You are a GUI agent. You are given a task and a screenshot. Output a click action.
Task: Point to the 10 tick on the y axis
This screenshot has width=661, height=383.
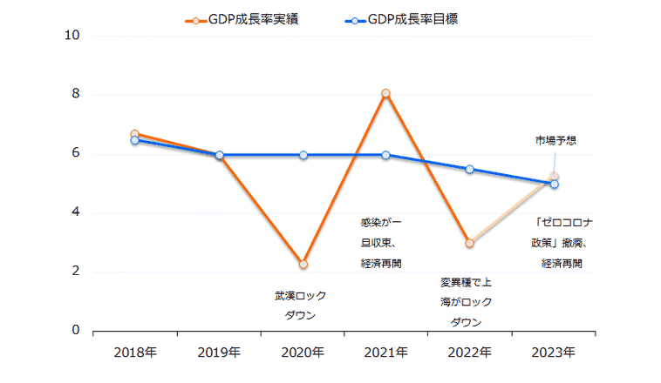pos(72,36)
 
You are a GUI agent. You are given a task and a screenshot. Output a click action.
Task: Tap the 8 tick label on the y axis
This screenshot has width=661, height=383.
pos(75,95)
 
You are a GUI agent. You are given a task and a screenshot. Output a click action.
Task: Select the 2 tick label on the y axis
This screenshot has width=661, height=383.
pos(75,272)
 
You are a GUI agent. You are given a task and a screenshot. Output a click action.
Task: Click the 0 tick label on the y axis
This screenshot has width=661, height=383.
pos(75,331)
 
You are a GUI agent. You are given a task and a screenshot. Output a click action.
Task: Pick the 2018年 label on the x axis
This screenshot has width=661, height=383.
pos(135,353)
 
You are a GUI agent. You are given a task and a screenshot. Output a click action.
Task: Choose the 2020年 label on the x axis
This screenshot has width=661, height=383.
pos(303,353)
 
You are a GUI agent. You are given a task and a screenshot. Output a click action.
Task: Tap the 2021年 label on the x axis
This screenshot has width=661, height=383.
pos(385,353)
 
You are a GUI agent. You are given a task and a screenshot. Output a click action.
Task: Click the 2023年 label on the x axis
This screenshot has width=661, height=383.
pos(554,353)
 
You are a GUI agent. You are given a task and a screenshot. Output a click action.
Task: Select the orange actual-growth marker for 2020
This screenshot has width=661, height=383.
pos(303,264)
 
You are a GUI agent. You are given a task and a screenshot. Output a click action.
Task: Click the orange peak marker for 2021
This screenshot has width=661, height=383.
pos(385,93)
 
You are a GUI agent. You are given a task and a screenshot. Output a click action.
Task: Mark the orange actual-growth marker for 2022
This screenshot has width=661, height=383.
pos(470,243)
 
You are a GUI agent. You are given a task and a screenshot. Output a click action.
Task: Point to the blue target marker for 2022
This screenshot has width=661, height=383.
pos(470,169)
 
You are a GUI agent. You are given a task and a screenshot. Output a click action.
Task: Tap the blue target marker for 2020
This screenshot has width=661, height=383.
pos(303,155)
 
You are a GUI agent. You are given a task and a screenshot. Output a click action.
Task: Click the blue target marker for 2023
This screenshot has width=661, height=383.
pos(554,184)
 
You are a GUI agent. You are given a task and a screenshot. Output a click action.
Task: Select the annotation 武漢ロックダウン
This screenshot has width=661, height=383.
pos(300,306)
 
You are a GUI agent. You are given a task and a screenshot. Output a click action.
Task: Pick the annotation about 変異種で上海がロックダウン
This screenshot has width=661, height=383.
pos(466,302)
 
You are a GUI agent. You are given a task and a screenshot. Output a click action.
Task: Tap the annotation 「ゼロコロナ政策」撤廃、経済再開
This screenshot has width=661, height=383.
pos(561,242)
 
